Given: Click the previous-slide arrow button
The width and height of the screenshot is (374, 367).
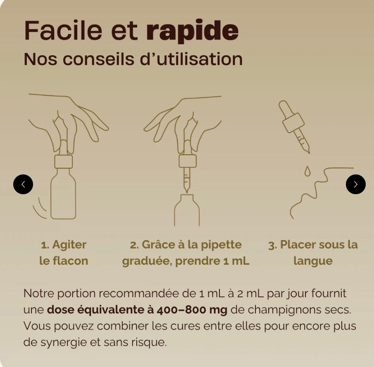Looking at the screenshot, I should click(23, 184).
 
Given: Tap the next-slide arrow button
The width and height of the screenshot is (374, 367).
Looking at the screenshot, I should click(355, 184).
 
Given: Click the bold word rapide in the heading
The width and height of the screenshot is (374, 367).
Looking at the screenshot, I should click(192, 31).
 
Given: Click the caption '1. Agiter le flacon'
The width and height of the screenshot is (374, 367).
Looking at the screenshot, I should click(64, 252).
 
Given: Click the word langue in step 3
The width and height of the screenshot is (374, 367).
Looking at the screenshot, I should click(313, 261).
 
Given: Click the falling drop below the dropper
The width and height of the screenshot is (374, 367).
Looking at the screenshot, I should click(307, 171).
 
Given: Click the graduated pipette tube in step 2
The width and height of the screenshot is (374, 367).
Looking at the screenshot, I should click(186, 179).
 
